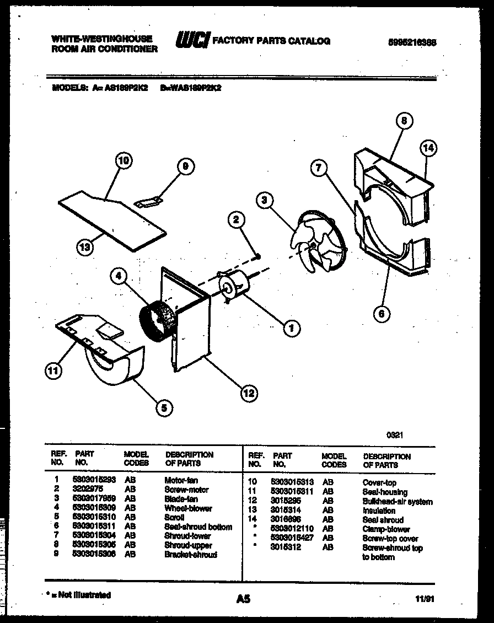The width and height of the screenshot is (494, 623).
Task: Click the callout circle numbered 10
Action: click(x=124, y=161)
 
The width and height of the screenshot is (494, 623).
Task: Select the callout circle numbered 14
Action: click(x=428, y=147)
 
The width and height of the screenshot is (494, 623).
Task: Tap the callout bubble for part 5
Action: click(x=163, y=407)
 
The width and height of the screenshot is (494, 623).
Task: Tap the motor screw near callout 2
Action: click(x=257, y=255)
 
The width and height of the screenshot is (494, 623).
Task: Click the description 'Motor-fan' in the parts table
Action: click(x=181, y=480)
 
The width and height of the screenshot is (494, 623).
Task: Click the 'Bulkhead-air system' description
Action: click(x=397, y=502)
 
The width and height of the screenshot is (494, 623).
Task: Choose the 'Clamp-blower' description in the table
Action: click(x=386, y=529)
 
